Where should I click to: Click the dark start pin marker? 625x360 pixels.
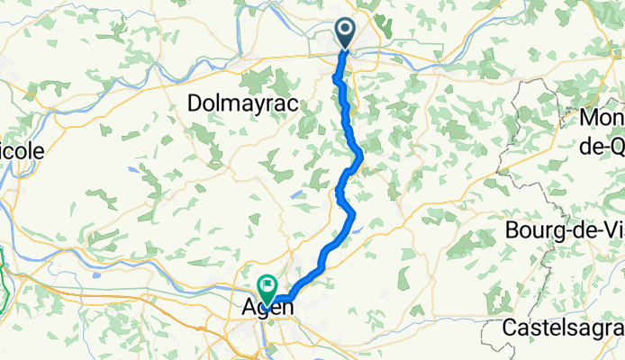(x=346, y=33)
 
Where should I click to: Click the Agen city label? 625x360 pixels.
(x=268, y=308)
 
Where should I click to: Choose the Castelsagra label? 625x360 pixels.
(x=563, y=328)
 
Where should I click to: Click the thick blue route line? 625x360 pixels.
(x=349, y=135)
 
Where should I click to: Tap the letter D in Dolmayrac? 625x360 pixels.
(x=195, y=104)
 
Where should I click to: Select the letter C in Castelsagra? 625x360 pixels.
(x=510, y=328)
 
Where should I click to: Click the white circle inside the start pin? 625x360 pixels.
(x=346, y=30)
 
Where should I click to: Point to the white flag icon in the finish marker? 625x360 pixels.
(x=267, y=285)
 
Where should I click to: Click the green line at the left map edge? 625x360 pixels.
(x=5, y=279)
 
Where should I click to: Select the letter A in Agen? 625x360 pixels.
(x=250, y=308)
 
